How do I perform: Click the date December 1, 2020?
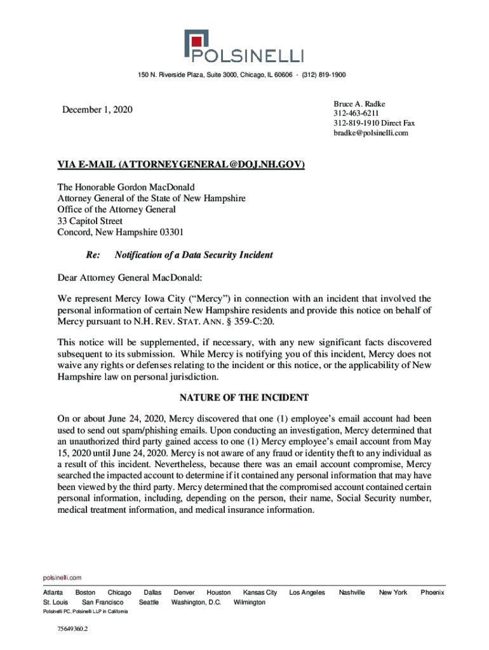pyautogui.click(x=97, y=110)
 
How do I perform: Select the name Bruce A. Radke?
pyautogui.click(x=359, y=103)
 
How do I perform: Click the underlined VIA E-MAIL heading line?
pyautogui.click(x=181, y=166)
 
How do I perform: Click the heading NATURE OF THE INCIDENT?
pyautogui.click(x=244, y=398)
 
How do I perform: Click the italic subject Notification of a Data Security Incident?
pyautogui.click(x=194, y=255)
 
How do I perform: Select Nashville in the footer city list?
pyautogui.click(x=352, y=592)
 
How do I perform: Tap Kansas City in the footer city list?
pyautogui.click(x=260, y=592)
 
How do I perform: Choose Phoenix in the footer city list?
pyautogui.click(x=432, y=592)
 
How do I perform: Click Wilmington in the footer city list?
pyautogui.click(x=250, y=602)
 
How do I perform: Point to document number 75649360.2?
pyautogui.click(x=72, y=629)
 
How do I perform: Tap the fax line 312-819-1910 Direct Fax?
pyautogui.click(x=373, y=123)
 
